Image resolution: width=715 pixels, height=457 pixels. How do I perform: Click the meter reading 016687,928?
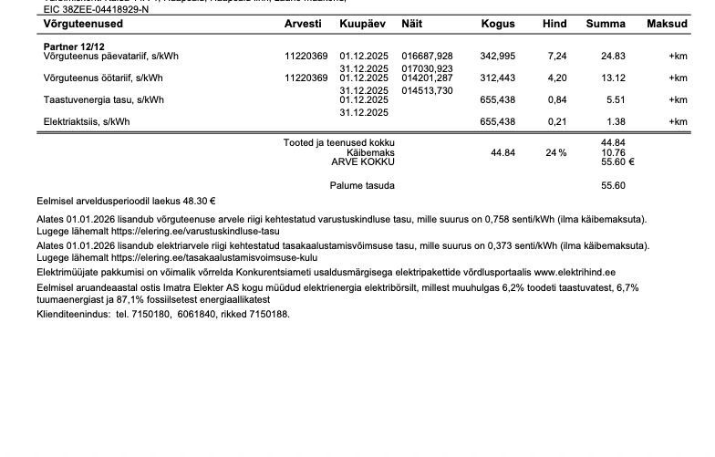pos(427,57)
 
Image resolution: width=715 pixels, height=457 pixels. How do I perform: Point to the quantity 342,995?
pos(497,57)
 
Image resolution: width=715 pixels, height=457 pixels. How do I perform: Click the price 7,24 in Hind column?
pos(557,57)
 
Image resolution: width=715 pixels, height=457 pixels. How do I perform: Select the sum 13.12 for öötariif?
pos(613,78)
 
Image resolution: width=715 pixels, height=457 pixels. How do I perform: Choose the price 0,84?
pos(557,100)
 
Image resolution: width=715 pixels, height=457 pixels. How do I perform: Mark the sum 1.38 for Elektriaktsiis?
pos(616,122)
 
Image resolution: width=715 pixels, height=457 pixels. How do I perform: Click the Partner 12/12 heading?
pos(74,45)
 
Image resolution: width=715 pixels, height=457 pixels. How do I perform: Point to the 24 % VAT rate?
pos(556,152)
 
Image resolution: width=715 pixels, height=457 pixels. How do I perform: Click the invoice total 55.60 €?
pos(617,161)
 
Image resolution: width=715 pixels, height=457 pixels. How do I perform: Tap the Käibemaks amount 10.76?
pos(613,152)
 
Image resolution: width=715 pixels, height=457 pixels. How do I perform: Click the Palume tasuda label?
pos(362,186)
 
